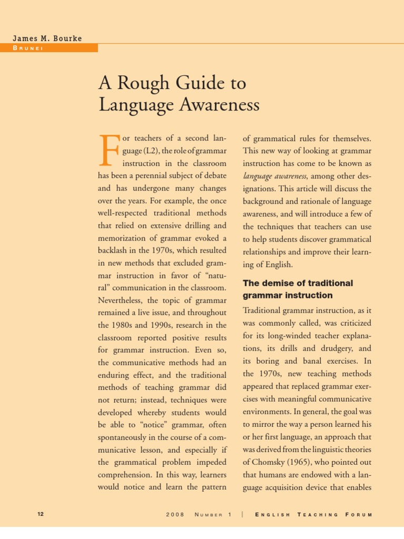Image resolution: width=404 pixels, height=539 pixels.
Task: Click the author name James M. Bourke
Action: coord(48,38)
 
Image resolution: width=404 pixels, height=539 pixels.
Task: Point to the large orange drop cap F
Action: coord(108,150)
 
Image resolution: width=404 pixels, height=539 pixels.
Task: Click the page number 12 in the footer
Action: coord(41,514)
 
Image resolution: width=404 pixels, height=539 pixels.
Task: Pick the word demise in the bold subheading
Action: coord(277,283)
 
